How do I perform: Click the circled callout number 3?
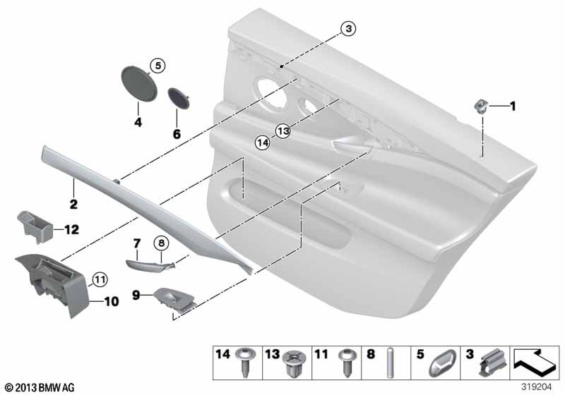click(x=348, y=28)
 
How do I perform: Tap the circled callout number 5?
click(x=157, y=66)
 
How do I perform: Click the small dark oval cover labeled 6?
click(x=179, y=97)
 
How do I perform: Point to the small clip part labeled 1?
click(x=481, y=106)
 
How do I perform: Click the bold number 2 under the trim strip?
click(x=73, y=204)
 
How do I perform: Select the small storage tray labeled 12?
click(x=35, y=226)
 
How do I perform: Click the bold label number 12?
click(x=72, y=229)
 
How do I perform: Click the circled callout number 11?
click(x=100, y=279)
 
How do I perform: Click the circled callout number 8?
click(x=161, y=243)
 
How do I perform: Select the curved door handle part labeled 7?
click(x=150, y=265)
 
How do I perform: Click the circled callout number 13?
click(x=283, y=130)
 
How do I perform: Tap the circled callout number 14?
click(x=262, y=142)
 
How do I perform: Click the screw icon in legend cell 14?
click(x=245, y=362)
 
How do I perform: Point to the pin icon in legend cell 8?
click(x=390, y=363)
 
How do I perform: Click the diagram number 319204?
click(x=537, y=387)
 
